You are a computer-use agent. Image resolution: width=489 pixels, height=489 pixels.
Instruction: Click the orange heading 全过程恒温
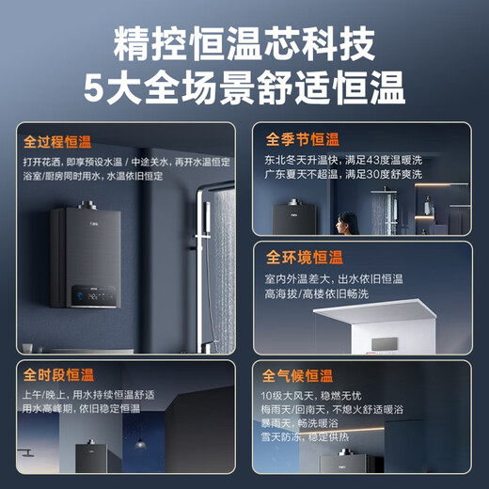coord(58,143)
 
